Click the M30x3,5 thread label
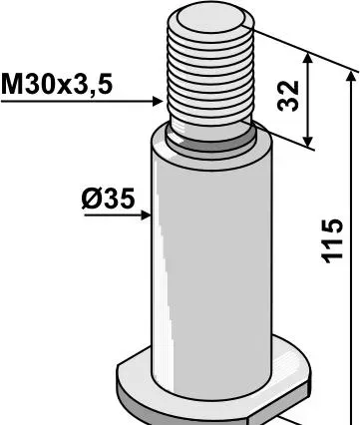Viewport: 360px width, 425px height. (57, 85)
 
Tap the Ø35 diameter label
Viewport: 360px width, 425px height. (108, 199)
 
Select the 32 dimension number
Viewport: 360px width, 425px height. (288, 96)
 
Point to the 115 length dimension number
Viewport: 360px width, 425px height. (332, 240)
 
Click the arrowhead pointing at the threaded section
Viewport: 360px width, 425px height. (158, 101)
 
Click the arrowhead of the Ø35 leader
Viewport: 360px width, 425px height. (146, 215)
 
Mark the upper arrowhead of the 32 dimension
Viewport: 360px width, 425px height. (308, 58)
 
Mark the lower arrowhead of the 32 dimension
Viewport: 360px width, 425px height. (308, 141)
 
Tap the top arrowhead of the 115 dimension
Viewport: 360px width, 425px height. (351, 77)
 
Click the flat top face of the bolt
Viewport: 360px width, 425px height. (210, 18)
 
